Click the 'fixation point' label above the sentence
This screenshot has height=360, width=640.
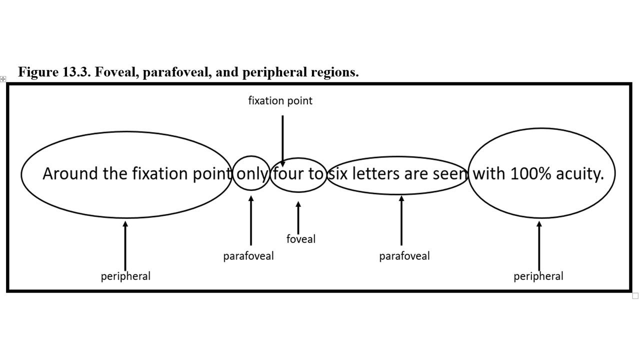(x=280, y=101)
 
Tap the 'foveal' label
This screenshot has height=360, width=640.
(x=301, y=239)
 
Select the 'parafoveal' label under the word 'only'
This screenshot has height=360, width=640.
(x=248, y=256)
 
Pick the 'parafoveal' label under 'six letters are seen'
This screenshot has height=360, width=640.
(x=404, y=256)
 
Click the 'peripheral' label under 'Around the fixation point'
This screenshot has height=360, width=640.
(x=125, y=276)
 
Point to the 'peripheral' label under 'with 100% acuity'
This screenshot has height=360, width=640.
(x=538, y=276)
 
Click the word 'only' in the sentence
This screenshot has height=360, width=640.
(x=252, y=174)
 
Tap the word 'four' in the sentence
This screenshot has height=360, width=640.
(x=288, y=174)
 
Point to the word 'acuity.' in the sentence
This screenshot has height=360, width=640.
(x=582, y=174)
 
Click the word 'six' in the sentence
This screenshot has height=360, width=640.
(x=338, y=174)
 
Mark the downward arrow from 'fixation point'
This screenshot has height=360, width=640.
(x=282, y=140)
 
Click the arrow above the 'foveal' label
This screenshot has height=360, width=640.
(x=298, y=217)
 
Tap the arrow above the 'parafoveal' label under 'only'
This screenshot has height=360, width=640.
(x=251, y=220)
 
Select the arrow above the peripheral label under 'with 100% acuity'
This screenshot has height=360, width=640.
(x=539, y=245)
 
